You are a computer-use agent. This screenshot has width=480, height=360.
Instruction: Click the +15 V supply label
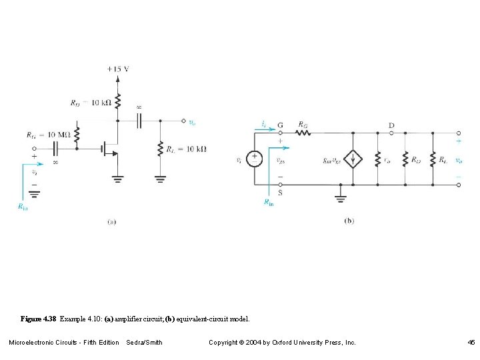(118, 69)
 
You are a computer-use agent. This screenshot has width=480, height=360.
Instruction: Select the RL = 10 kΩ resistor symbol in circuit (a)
(161, 149)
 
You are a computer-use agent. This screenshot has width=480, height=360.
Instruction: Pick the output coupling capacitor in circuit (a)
(139, 121)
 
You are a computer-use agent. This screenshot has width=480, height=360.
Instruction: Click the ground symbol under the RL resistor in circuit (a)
(161, 178)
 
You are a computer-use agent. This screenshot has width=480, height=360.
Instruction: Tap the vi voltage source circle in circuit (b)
(254, 159)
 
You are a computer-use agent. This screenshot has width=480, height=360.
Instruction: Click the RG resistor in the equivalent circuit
(303, 132)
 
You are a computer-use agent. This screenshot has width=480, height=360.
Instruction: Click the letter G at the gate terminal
(280, 124)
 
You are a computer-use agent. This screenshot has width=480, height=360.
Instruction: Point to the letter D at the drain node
(391, 125)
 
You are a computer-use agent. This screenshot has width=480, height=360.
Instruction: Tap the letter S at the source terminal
(280, 193)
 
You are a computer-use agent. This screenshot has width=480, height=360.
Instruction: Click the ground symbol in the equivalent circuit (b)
(341, 197)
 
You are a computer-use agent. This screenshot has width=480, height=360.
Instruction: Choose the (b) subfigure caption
(349, 221)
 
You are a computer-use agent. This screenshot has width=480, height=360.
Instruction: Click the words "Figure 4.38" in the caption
(39, 320)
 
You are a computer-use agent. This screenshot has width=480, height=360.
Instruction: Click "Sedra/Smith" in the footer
(144, 343)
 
